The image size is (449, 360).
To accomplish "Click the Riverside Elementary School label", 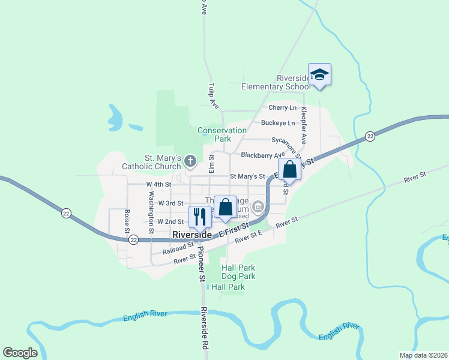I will tap(276, 82).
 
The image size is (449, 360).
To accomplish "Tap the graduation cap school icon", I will tap(320, 74).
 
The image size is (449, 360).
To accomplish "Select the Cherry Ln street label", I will tap(282, 108).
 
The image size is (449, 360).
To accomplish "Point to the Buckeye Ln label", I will tap(278, 123).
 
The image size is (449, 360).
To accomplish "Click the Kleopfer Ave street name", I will tap(304, 125).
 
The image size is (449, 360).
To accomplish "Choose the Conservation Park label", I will tap(222, 134).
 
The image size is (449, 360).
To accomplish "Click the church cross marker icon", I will tap(190, 160).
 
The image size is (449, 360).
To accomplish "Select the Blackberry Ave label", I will tap(262, 155).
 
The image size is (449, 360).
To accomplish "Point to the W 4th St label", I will tap(158, 184).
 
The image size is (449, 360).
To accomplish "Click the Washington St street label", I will tap(151, 208).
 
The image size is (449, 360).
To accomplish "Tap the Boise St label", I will tap(127, 221).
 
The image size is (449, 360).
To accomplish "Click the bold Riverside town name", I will tap(191, 235).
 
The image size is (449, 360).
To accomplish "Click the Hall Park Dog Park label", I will tap(238, 272).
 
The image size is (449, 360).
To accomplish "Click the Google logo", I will tap(20, 353).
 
